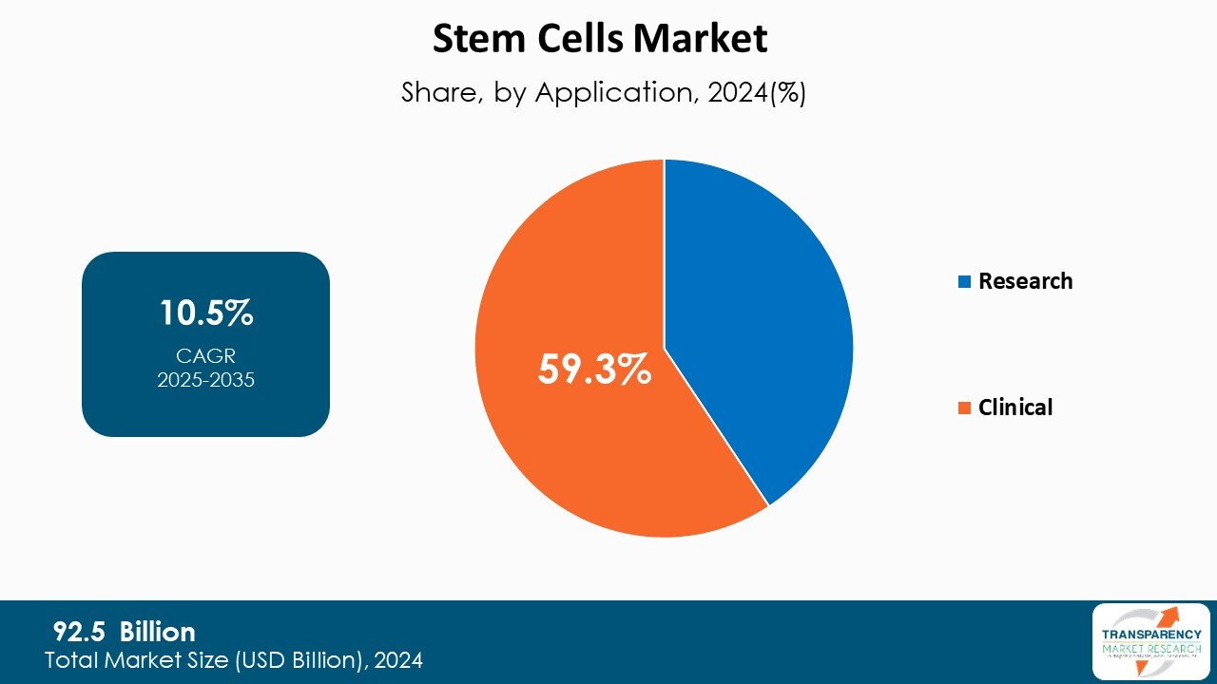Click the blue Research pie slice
tap(761, 323)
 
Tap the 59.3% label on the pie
tap(594, 370)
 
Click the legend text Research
tap(1025, 281)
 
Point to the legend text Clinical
tap(1015, 408)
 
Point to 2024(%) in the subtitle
tap(757, 93)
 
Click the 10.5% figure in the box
tap(205, 313)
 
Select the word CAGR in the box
tap(205, 356)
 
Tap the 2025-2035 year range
tap(205, 380)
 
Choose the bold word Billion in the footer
tap(157, 632)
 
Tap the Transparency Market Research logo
tap(1150, 641)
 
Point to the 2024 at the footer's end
tap(398, 659)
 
